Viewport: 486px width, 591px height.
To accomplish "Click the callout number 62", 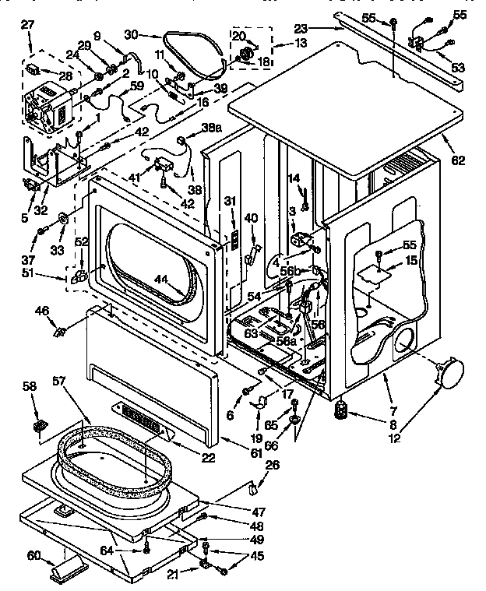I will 457,162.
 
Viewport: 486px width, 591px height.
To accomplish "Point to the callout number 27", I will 27,25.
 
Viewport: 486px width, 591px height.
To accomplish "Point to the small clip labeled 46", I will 58,332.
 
